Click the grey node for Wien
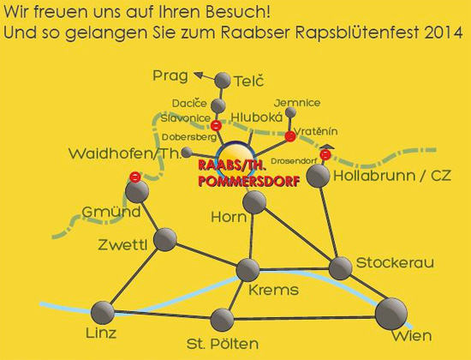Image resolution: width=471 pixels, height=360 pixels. coord(391,314)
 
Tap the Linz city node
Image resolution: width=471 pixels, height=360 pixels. coord(103,313)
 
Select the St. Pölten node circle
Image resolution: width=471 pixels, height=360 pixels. coord(223,320)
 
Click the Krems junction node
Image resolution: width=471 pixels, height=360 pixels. coord(247,270)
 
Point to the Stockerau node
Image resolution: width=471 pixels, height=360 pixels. coord(341,268)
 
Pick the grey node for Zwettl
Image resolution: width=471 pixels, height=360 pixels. coord(165,240)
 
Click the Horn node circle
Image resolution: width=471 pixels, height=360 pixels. coord(254,202)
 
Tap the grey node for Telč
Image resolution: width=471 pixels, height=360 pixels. coord(223,81)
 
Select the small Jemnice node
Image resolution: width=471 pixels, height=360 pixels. coord(290,112)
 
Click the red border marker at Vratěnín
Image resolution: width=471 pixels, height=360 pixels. coord(290,136)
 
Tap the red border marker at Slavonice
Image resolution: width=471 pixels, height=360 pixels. coord(217,125)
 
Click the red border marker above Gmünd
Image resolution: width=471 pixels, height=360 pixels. coord(135,177)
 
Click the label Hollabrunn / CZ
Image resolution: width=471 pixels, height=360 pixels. coord(392,176)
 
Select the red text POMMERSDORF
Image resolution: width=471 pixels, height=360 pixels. coord(249,182)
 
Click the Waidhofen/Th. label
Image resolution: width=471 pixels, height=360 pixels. coord(125,153)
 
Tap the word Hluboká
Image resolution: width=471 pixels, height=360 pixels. coord(257,117)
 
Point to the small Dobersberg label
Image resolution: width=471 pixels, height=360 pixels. coord(189,137)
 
